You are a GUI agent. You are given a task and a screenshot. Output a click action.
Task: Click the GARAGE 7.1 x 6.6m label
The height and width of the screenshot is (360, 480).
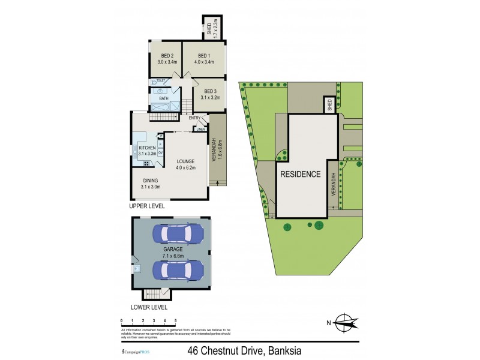coord(173,251)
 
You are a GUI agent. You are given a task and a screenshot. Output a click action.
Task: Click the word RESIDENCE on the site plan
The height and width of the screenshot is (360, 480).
coord(301,175)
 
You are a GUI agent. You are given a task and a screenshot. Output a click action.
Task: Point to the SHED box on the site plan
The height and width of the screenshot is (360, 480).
coord(329,105)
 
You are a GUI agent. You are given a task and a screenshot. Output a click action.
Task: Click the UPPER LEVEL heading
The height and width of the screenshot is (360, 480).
coord(147,206)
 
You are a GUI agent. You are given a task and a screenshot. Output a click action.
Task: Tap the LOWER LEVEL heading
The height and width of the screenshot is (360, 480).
coord(148,305)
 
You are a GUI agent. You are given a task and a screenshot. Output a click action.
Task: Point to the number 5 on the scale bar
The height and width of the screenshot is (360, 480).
coord(175,321)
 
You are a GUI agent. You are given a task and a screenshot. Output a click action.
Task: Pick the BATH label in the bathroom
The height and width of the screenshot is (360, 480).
coord(164,98)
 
